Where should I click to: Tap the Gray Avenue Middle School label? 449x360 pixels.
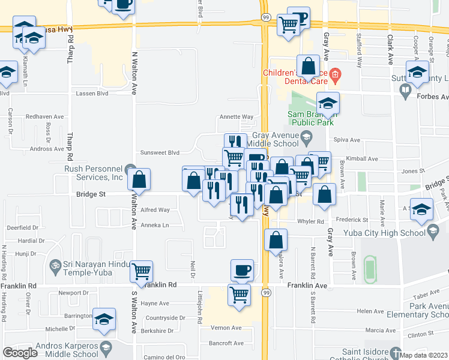click(275, 140)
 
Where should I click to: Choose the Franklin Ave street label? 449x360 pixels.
click(306, 286)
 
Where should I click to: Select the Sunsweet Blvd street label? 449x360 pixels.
click(160, 152)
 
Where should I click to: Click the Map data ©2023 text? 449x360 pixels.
click(424, 355)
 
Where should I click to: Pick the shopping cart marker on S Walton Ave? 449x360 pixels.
click(142, 272)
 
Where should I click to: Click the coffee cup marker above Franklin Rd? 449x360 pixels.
click(242, 270)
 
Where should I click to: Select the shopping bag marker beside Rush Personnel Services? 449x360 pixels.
click(139, 179)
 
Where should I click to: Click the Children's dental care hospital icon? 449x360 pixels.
click(335, 76)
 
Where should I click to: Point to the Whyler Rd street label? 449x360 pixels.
click(312, 221)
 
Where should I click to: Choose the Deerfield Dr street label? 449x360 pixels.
click(22, 228)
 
